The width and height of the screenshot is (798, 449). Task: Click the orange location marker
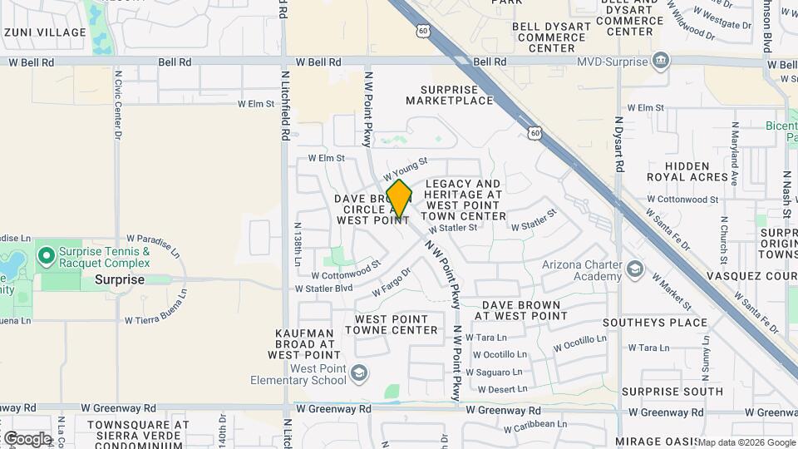399,199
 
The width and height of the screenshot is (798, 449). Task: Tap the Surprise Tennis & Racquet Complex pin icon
46,254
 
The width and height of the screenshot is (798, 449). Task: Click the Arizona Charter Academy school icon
636,269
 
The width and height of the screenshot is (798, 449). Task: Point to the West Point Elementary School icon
358,373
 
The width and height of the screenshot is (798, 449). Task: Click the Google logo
27,438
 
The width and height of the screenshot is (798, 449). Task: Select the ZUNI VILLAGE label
45,32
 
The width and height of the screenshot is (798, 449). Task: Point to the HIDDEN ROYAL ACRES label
687,171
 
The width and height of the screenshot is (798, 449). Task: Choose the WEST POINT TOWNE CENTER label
397,324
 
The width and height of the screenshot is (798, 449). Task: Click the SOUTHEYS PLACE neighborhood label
667,323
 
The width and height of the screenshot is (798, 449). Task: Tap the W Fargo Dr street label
385,281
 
